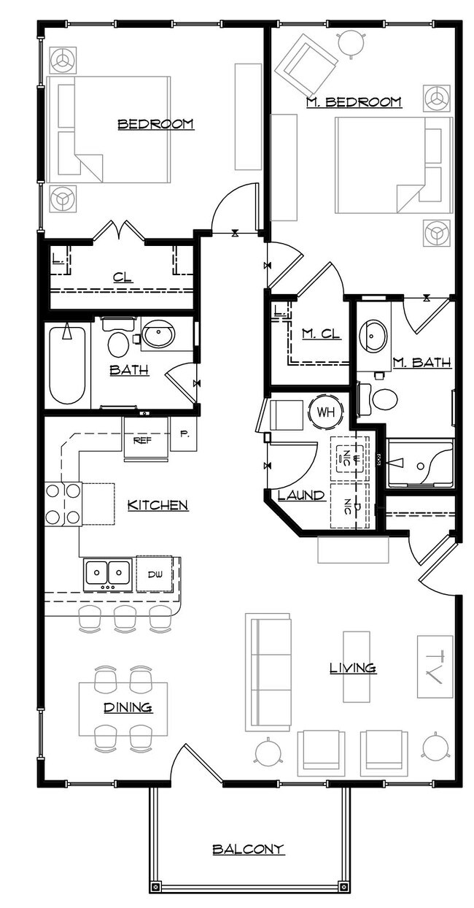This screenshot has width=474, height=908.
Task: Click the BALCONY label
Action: coord(247,849)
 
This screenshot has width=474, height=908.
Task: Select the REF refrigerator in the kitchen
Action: coord(142,439)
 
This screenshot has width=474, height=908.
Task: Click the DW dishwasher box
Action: coord(154,574)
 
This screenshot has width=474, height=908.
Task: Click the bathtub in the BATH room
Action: coord(67,364)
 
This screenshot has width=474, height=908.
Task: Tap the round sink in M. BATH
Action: coord(374,334)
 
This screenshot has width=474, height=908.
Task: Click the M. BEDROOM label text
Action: coord(354,102)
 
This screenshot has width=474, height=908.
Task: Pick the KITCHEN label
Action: coord(158,504)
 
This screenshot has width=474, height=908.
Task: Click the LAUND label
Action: coord(301,496)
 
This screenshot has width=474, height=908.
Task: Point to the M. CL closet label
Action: coord(322,334)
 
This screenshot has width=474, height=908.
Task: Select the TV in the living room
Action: coord(435,666)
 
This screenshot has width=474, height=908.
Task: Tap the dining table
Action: coord(123,708)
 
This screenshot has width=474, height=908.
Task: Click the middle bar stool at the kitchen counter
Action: coord(125,617)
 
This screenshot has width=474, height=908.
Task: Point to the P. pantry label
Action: coord(184,434)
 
